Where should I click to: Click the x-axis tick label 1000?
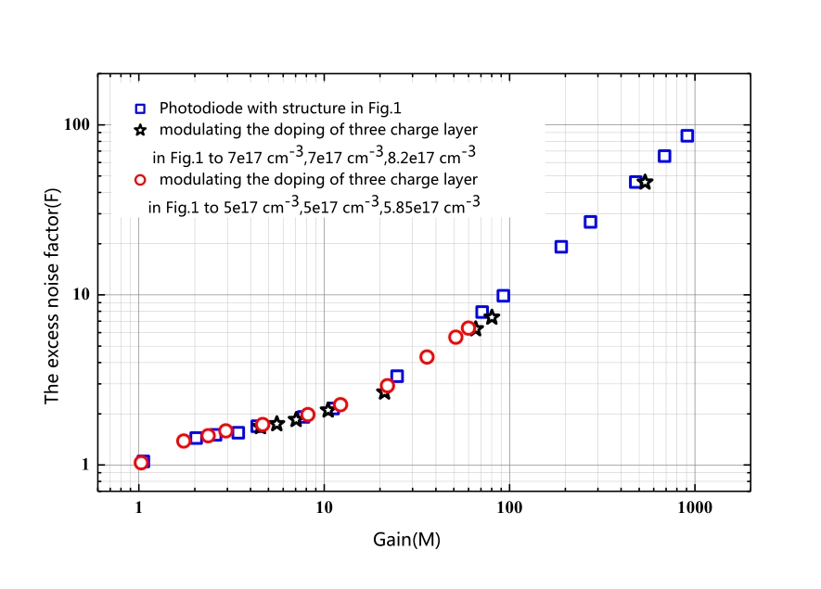(695, 507)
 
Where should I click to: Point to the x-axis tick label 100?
(509, 507)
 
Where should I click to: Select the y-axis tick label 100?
(77, 124)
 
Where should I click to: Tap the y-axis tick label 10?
(81, 294)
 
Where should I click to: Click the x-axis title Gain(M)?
(407, 539)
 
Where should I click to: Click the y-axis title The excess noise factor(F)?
(52, 296)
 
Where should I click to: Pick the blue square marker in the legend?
(140, 109)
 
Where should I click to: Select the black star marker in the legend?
(140, 130)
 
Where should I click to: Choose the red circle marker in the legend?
(140, 180)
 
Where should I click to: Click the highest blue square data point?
(687, 136)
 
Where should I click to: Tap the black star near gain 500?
(646, 182)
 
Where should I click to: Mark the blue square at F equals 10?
(503, 296)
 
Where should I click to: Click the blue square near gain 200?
(561, 247)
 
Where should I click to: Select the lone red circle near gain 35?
(427, 357)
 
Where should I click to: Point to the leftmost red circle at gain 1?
(141, 463)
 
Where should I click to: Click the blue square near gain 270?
(591, 222)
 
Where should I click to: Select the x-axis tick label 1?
(139, 507)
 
